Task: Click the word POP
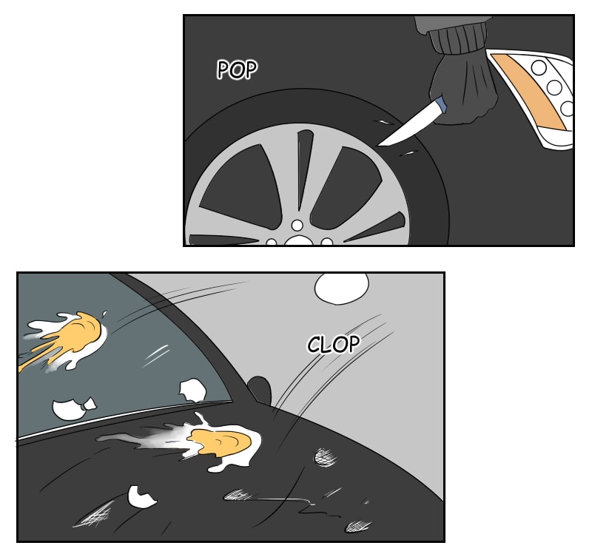pyautogui.click(x=237, y=70)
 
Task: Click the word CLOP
pyautogui.click(x=334, y=344)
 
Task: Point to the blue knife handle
pyautogui.click(x=440, y=104)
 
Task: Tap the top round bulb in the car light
pyautogui.click(x=539, y=68)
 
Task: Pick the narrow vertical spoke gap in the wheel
pyautogui.click(x=304, y=168)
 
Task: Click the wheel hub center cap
pyautogui.click(x=300, y=240)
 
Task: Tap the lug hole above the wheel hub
pyautogui.click(x=297, y=226)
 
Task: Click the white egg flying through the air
pyautogui.click(x=342, y=287)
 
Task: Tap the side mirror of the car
pyautogui.click(x=260, y=389)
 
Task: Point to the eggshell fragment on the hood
pyautogui.click(x=141, y=497)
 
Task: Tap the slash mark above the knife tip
pyautogui.click(x=383, y=122)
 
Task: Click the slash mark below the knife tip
pyautogui.click(x=409, y=153)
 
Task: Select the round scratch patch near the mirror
pyautogui.click(x=325, y=456)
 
